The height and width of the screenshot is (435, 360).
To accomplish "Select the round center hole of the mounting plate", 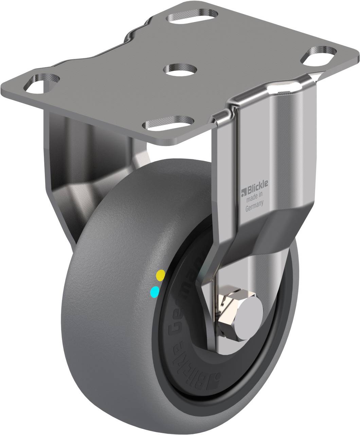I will (181, 69).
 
